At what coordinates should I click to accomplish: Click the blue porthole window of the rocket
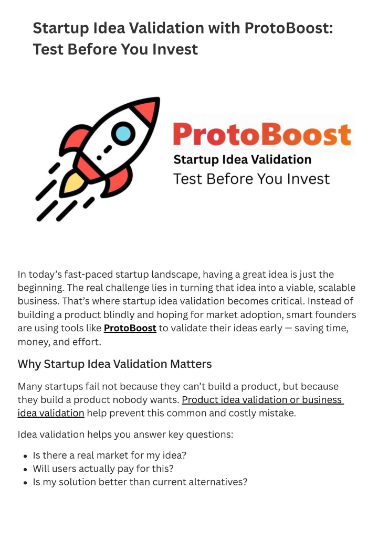click(123, 133)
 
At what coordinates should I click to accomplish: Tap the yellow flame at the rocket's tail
click(73, 183)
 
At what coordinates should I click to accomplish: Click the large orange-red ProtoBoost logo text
click(262, 135)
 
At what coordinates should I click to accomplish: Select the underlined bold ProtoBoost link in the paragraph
click(130, 329)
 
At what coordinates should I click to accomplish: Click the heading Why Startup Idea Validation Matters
click(115, 364)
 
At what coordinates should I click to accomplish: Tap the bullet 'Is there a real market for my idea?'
click(110, 455)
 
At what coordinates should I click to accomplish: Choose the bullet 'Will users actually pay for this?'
click(103, 469)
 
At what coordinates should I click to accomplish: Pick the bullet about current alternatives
click(140, 482)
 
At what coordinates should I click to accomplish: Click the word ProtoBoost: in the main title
click(288, 28)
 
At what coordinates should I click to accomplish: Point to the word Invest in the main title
click(175, 49)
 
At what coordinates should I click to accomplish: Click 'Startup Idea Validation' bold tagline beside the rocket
click(243, 159)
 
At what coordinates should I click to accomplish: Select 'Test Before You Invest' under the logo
click(251, 179)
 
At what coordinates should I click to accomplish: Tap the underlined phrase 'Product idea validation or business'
click(262, 400)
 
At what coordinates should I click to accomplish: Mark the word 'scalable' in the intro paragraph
click(337, 288)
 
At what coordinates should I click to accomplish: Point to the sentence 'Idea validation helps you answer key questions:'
click(125, 434)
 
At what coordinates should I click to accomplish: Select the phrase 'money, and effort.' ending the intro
click(60, 342)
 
